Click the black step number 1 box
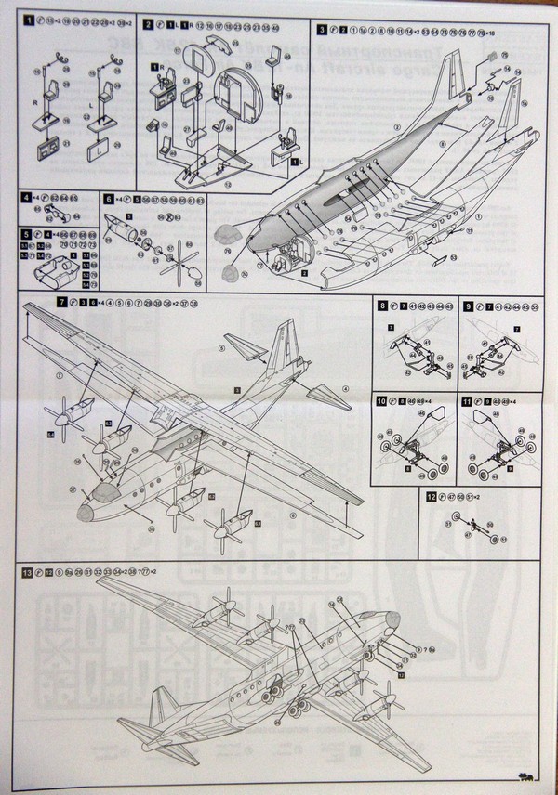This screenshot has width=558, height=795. click(x=29, y=19)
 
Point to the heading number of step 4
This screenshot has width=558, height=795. click(x=26, y=199)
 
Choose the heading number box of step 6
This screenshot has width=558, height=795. click(x=109, y=199)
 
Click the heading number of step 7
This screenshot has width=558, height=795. click(x=60, y=304)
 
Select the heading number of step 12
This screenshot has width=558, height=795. click(x=429, y=497)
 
